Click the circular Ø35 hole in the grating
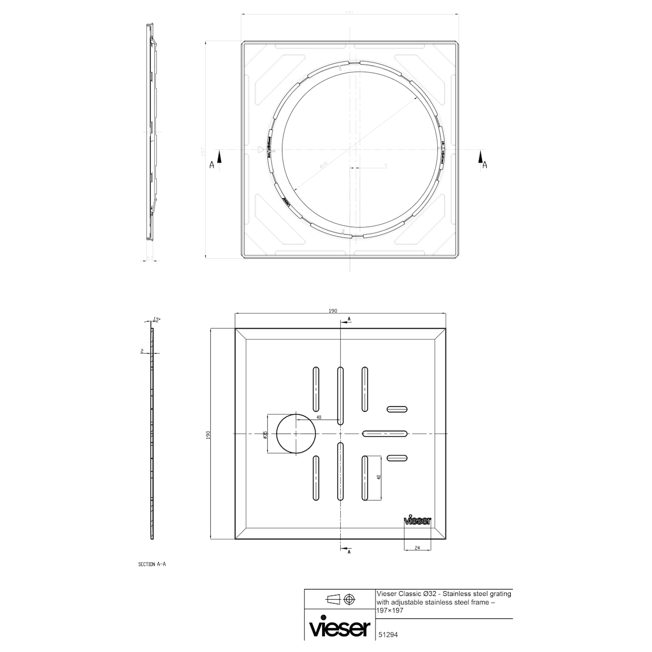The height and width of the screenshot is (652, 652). pos(296,434)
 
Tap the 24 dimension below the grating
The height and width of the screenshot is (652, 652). pos(417,548)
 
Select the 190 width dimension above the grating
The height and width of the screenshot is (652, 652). pos(333,311)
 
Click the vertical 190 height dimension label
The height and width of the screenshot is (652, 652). pos(208,435)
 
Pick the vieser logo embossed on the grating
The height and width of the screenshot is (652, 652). pos(417,520)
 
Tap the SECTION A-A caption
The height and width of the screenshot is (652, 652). pos(152,565)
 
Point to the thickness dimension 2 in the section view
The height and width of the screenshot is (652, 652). pos(141,352)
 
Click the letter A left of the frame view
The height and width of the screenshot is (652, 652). pos(212,166)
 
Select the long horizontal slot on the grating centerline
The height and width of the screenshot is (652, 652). pos(385,434)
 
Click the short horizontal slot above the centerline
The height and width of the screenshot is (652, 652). pos(397,409)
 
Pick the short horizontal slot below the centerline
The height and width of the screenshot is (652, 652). pos(397,458)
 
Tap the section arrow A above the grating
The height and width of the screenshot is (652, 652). pos(349,318)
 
